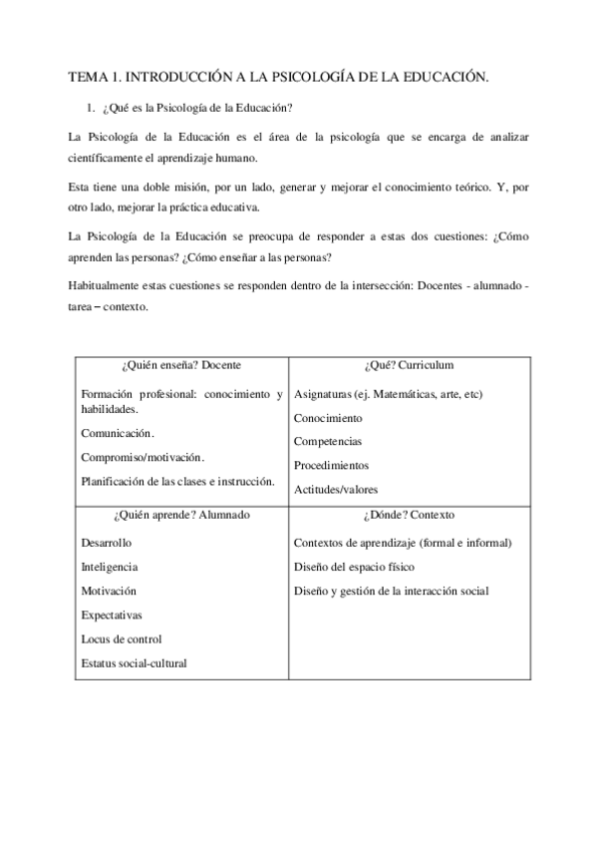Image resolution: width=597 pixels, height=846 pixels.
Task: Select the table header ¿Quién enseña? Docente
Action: pyautogui.click(x=181, y=365)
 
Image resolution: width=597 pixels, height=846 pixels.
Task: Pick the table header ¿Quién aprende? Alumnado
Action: pyautogui.click(x=181, y=515)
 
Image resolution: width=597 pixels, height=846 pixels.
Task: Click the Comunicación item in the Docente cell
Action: pyautogui.click(x=118, y=433)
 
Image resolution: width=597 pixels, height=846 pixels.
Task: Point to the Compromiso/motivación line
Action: pyautogui.click(x=143, y=457)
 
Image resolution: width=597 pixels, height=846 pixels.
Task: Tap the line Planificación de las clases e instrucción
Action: pyautogui.click(x=177, y=481)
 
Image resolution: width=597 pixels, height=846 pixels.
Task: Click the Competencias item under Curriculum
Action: pyautogui.click(x=328, y=441)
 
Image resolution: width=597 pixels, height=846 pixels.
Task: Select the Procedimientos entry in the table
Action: pyautogui.click(x=331, y=465)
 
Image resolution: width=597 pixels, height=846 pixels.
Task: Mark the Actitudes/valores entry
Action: pyautogui.click(x=336, y=489)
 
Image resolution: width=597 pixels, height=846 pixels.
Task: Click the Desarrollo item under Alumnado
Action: pyautogui.click(x=106, y=543)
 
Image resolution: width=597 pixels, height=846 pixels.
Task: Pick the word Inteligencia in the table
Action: pyautogui.click(x=110, y=567)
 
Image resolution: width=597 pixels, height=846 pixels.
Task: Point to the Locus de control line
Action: pyautogui.click(x=121, y=638)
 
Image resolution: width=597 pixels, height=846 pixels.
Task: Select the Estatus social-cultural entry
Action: pyautogui.click(x=134, y=662)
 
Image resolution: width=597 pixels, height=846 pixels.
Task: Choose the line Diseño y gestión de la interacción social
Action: pyautogui.click(x=391, y=591)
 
